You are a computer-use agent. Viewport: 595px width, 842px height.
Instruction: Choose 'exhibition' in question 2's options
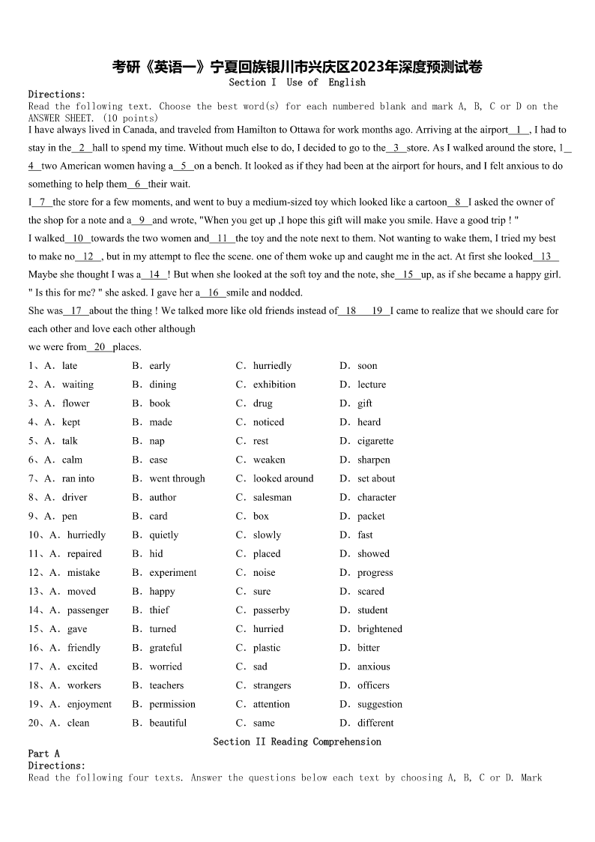274,385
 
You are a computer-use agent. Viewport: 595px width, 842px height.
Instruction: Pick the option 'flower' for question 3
76,403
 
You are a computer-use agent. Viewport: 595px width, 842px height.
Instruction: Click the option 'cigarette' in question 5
375,441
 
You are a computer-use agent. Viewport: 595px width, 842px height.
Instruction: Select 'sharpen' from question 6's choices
374,460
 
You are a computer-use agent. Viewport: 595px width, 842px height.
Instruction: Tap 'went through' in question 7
177,478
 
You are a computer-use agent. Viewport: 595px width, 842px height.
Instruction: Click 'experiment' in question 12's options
173,572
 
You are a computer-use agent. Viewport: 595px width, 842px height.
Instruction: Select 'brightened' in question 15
380,629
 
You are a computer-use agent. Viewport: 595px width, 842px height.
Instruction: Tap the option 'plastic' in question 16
267,648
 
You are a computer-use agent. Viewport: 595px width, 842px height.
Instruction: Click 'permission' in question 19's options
172,704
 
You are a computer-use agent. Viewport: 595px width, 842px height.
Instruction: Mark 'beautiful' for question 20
168,723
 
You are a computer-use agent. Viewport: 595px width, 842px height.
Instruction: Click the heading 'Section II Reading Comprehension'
297,742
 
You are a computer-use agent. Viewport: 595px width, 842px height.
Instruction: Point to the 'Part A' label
43,754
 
